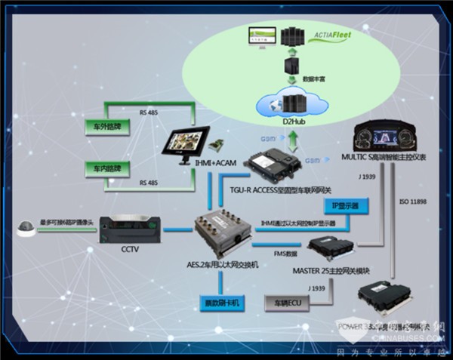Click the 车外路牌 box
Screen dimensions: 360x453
click(107, 127)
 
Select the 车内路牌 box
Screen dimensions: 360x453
click(107, 168)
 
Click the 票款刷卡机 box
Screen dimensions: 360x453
click(218, 303)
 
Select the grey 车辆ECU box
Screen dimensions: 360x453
click(288, 303)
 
